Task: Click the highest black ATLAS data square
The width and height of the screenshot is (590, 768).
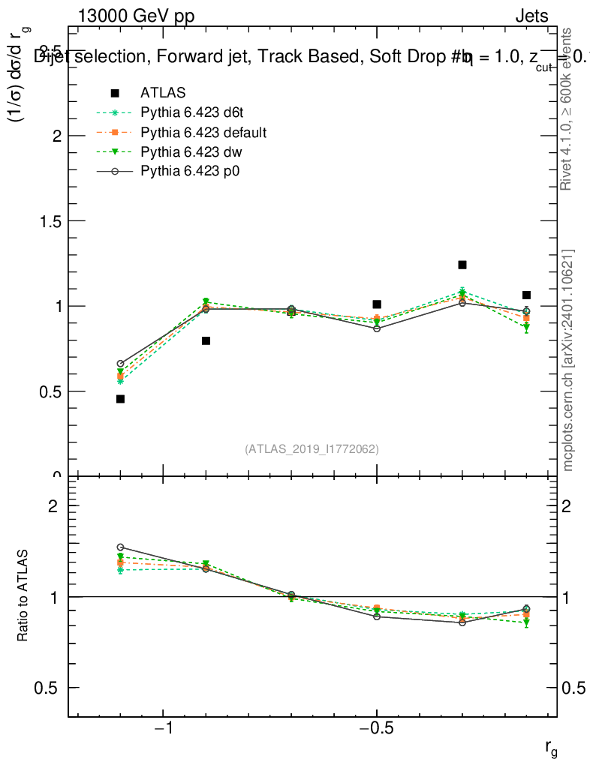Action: pos(462,265)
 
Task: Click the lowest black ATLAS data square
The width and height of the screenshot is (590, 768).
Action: pos(120,399)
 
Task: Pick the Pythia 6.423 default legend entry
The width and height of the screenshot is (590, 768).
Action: pos(203,133)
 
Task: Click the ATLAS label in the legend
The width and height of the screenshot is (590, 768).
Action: pos(163,93)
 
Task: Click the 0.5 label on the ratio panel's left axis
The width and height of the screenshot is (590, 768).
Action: pos(46,688)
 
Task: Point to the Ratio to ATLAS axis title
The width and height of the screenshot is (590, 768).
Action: pos(24,596)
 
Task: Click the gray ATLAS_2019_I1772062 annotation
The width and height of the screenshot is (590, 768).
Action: pos(312,449)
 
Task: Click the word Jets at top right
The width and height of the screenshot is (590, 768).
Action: pos(531,16)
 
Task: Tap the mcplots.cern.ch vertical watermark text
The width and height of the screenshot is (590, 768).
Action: pos(568,360)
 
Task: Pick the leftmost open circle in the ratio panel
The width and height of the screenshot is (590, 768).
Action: pos(120,547)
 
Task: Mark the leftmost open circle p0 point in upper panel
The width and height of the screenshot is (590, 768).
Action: pos(120,364)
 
